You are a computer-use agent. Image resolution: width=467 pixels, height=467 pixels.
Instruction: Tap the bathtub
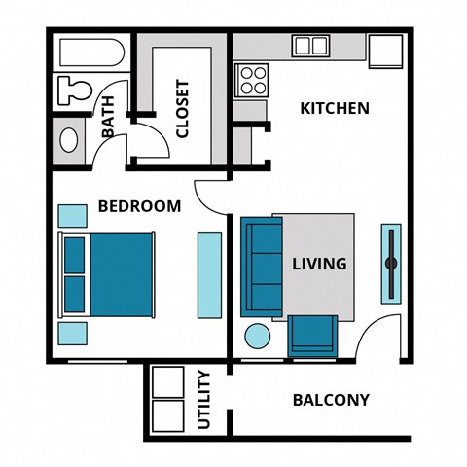89,51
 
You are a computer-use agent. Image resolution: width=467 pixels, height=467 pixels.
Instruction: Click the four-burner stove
252,79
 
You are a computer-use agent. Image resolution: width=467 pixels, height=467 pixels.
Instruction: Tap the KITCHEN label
334,107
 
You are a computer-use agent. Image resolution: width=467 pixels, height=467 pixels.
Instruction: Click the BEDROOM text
139,206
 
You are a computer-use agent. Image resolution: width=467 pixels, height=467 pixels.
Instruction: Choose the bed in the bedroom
109,273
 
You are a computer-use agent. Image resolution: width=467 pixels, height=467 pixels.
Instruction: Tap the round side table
257,338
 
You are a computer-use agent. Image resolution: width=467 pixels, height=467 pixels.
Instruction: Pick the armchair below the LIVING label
313,334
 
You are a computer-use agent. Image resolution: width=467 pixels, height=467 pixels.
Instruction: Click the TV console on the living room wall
389,263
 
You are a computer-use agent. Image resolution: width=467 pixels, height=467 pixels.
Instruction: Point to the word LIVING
319,264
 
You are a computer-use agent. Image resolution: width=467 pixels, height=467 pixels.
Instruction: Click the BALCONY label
331,400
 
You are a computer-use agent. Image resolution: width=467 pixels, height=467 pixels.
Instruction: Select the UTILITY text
204,400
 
